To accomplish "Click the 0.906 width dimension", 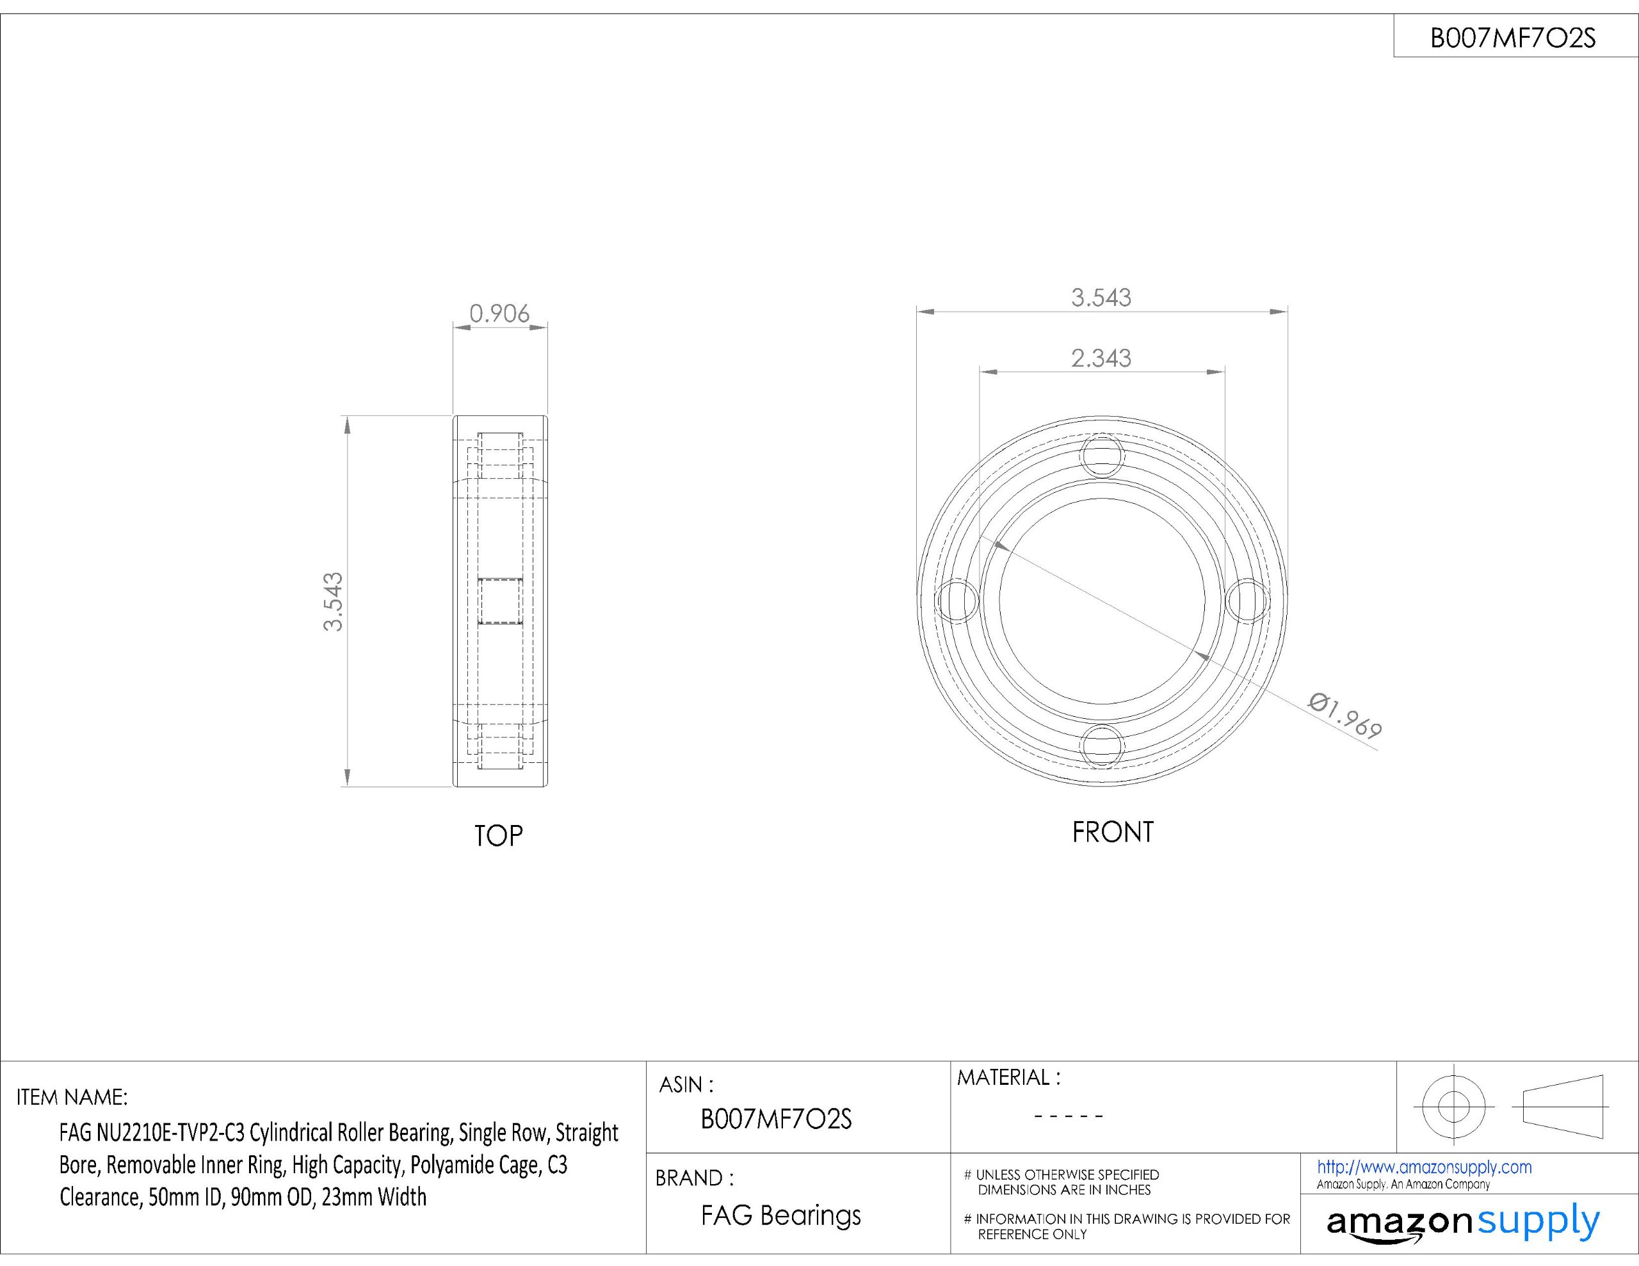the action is click(499, 314).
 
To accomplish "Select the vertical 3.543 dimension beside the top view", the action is click(332, 601).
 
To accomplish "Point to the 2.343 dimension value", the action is click(1101, 358).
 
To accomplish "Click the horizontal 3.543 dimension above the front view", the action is click(1101, 298).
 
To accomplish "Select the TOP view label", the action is click(498, 835).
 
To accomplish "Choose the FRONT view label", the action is click(1112, 831).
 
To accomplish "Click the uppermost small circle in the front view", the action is click(1102, 456).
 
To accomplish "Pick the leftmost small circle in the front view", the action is click(958, 600).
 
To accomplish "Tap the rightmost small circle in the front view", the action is click(1247, 600).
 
